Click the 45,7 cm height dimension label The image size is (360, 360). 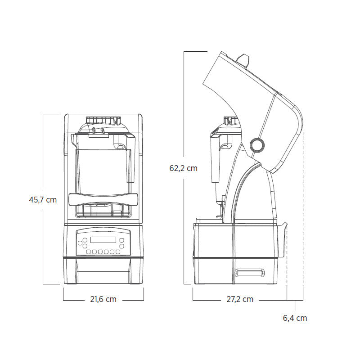[x=43, y=200]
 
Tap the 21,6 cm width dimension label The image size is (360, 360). [x=103, y=299]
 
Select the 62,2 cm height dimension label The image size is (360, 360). [x=184, y=168]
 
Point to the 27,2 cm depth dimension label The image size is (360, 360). [x=240, y=299]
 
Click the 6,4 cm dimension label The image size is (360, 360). [x=295, y=318]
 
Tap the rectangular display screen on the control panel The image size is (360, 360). [x=103, y=240]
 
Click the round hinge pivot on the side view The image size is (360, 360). [x=257, y=145]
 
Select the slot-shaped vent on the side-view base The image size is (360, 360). [x=249, y=273]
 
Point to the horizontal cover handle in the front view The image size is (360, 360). [x=103, y=199]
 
